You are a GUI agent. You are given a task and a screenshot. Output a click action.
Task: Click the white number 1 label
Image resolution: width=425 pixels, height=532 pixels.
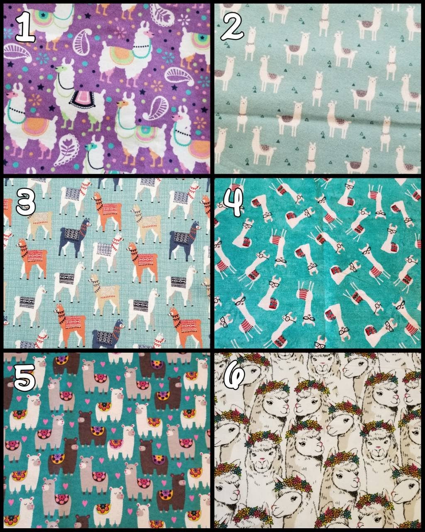click(25, 27)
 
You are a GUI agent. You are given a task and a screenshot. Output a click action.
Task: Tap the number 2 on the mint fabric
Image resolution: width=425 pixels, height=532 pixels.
click(232, 27)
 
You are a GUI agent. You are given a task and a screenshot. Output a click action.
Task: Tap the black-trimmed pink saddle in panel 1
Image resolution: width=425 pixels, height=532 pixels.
click(83, 99)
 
